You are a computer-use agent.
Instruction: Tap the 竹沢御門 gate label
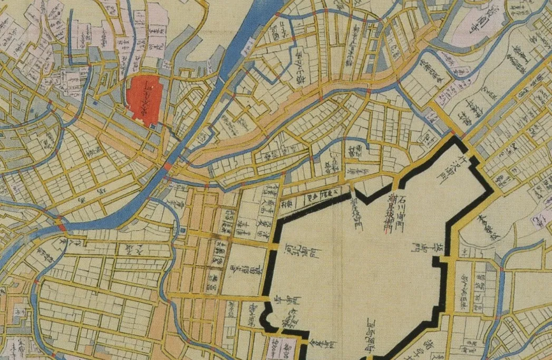(442, 167)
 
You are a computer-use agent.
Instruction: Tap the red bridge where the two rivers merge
(62, 226)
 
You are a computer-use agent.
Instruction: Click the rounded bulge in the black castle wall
(268, 320)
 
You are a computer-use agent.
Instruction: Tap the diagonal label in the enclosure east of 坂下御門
(488, 227)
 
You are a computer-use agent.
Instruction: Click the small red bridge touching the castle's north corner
(452, 132)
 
